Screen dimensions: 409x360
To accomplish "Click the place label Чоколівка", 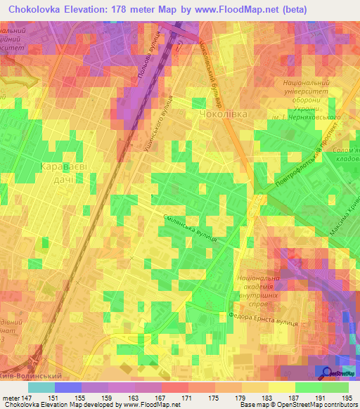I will (x=223, y=113).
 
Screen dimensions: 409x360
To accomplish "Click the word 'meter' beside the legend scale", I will (x=11, y=398).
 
